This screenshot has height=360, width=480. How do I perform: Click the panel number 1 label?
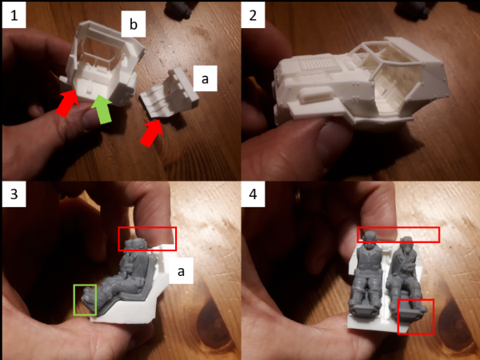pos(14,14)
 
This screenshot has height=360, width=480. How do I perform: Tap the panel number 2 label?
pos(253,14)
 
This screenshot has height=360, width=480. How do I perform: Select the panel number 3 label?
pos(14,194)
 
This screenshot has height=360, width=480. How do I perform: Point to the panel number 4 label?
pos(253,194)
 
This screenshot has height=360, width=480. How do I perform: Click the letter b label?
pos(133,25)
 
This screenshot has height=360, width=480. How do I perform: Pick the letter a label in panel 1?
pos(205,78)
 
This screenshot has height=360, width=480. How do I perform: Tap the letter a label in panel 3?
pos(181,270)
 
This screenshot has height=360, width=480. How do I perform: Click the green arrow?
pos(102,110)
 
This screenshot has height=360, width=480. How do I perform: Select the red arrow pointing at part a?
pos(151,133)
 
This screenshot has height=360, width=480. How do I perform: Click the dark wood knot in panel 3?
pos(215,326)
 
